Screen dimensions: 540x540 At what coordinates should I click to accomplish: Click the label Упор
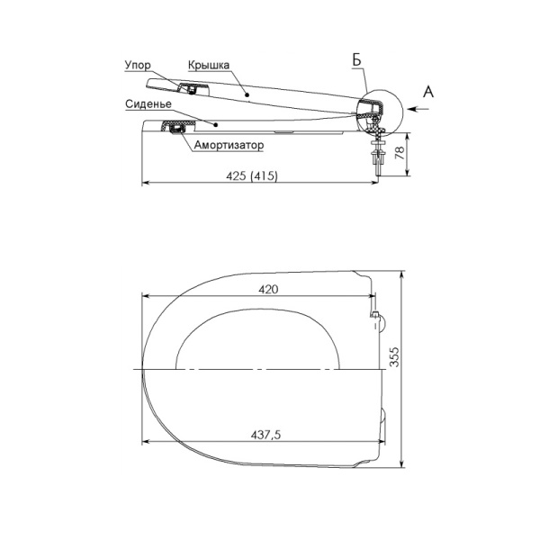(x=138, y=65)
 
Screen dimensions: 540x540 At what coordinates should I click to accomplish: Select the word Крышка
(x=209, y=65)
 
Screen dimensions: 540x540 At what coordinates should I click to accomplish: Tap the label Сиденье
(x=148, y=104)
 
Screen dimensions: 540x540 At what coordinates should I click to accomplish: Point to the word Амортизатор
(x=229, y=145)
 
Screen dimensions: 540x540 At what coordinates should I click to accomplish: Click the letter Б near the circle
(x=356, y=60)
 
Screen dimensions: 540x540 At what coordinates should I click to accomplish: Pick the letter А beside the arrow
(x=428, y=92)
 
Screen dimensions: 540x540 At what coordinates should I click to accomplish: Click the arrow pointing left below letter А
(x=418, y=109)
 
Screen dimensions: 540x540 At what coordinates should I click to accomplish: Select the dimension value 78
(x=400, y=152)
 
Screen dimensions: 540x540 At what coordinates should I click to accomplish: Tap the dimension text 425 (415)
(x=252, y=176)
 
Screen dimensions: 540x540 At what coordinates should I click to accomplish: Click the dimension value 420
(x=268, y=289)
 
